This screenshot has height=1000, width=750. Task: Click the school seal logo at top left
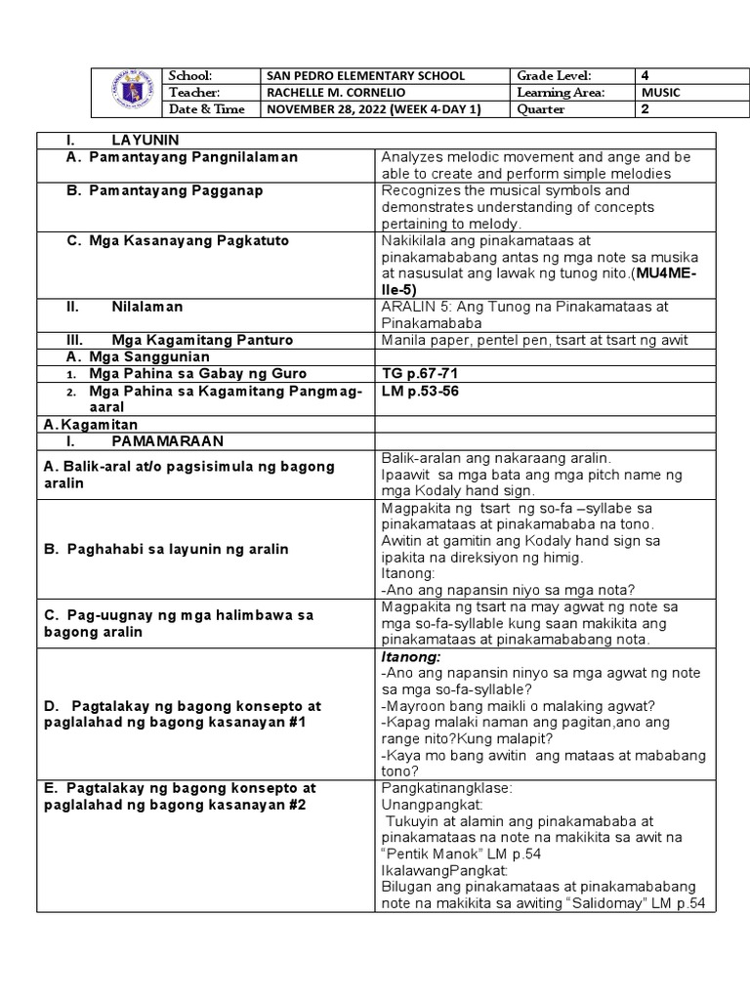coord(129,93)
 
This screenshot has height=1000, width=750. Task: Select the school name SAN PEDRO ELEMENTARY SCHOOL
coord(365,76)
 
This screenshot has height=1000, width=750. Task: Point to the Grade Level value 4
coord(645,76)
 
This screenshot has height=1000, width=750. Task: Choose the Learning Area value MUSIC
coord(660,93)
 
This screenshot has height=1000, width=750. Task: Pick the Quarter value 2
coord(645,109)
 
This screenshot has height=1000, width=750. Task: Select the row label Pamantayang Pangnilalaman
coord(193,157)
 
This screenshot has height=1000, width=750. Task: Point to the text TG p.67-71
coord(420,374)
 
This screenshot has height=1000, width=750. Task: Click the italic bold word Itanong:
coord(411,657)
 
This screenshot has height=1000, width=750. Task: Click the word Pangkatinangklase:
coord(440,787)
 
